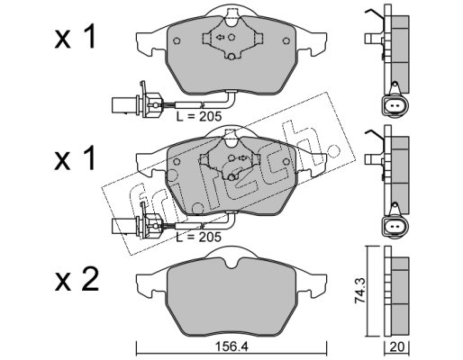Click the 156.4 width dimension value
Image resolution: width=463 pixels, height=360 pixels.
point(231,347)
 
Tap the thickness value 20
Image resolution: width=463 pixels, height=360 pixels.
point(397,347)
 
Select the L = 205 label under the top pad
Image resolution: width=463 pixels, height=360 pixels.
point(199,116)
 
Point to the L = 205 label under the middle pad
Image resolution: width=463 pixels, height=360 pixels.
point(199,237)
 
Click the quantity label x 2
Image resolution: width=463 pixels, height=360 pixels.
point(77,279)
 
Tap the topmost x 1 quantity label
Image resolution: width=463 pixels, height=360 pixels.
point(75,37)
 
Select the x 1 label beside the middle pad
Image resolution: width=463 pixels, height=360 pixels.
point(75,158)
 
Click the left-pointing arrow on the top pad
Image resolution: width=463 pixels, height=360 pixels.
point(220,37)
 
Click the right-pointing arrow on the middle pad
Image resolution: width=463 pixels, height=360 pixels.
point(242,158)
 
